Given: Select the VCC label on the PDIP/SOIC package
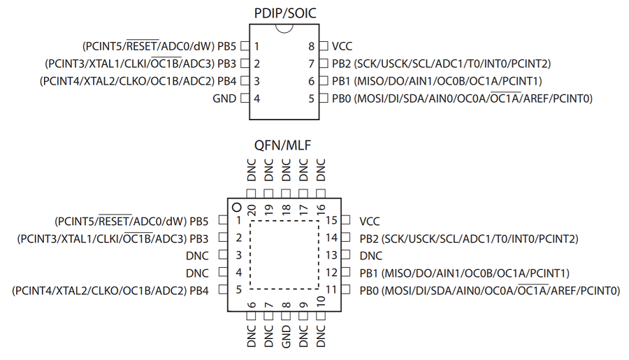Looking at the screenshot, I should pyautogui.click(x=342, y=46).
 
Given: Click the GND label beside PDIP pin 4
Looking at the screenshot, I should pyautogui.click(x=224, y=99).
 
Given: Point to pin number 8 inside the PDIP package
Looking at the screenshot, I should pyautogui.click(x=312, y=46).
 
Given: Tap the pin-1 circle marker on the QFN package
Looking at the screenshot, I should pyautogui.click(x=237, y=208).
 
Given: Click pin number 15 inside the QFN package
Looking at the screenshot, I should pyautogui.click(x=331, y=221).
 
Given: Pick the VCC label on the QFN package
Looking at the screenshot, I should pyautogui.click(x=370, y=221).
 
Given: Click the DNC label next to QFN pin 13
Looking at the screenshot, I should pyautogui.click(x=371, y=256).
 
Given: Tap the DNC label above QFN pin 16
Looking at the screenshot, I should pyautogui.click(x=321, y=171).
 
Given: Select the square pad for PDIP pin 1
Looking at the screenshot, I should pyautogui.click(x=245, y=46).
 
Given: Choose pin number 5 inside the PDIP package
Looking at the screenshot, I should pyautogui.click(x=312, y=99).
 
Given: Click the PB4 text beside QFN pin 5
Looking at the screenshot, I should pyautogui.click(x=198, y=290).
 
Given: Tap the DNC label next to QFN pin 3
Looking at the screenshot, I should pyautogui.click(x=198, y=256).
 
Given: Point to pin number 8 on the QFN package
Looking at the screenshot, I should pyautogui.click(x=286, y=305).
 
